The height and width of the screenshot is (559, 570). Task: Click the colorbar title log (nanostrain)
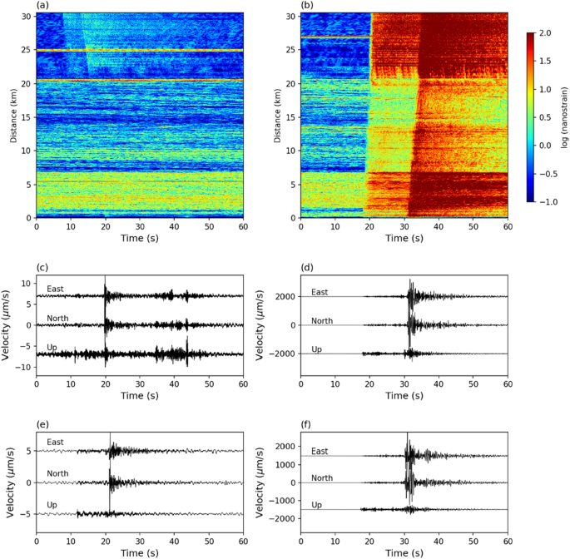pyautogui.click(x=563, y=118)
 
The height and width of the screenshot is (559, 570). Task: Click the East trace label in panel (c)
pyautogui.click(x=56, y=289)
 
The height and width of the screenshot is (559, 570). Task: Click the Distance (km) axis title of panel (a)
pyautogui.click(x=13, y=116)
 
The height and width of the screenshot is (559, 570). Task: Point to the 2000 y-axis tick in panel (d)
pyautogui.click(x=285, y=296)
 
